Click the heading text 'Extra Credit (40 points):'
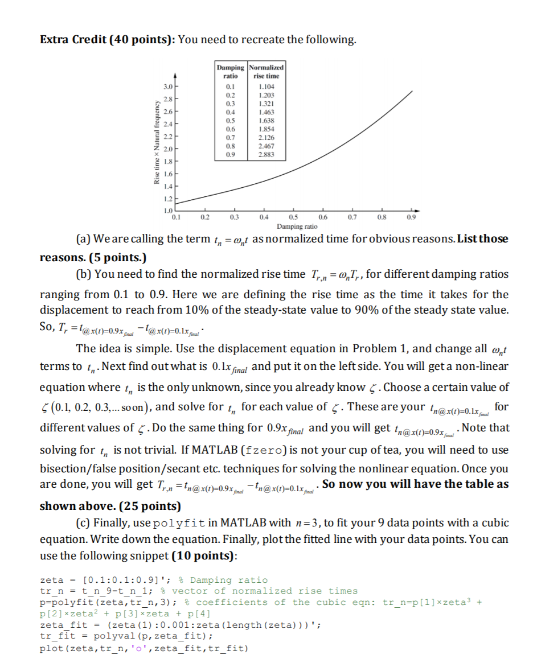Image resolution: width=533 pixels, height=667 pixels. tap(108, 40)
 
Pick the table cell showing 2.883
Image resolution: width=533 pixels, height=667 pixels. tap(265, 154)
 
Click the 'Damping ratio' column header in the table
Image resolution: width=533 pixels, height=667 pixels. tap(230, 71)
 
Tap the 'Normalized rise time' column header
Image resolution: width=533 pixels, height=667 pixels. tap(266, 71)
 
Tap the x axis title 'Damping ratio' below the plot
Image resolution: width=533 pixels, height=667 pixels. tap(293, 227)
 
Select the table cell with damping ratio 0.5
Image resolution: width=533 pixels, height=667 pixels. tap(230, 121)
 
